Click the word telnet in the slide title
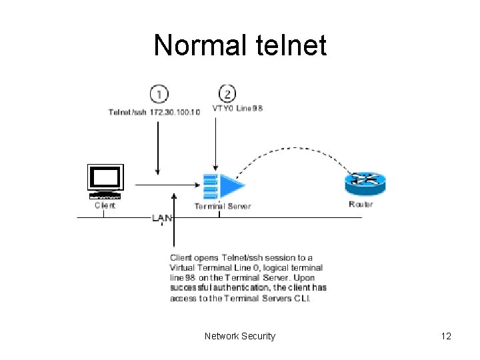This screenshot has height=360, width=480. [x=287, y=45]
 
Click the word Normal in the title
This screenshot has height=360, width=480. [x=197, y=45]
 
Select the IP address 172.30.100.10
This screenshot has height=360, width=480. [x=171, y=112]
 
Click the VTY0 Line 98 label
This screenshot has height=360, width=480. [x=237, y=109]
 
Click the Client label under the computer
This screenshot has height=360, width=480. [x=105, y=205]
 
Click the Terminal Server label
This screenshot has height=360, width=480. [x=223, y=207]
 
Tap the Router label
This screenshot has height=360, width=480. [x=361, y=204]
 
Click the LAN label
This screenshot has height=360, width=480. [x=162, y=218]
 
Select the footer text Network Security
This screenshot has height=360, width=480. [x=240, y=336]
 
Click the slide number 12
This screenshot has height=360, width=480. [x=446, y=336]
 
